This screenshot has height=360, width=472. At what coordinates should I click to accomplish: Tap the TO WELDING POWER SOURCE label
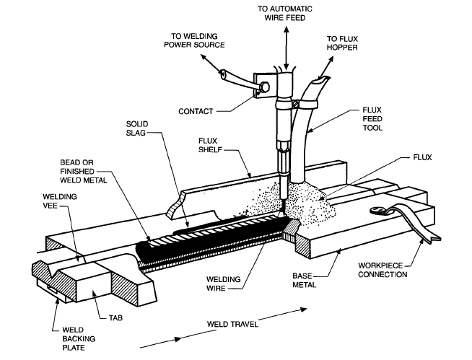(196, 39)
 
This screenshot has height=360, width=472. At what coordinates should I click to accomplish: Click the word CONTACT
(195, 112)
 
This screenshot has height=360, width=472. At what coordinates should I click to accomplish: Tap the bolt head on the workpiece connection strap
(377, 211)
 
